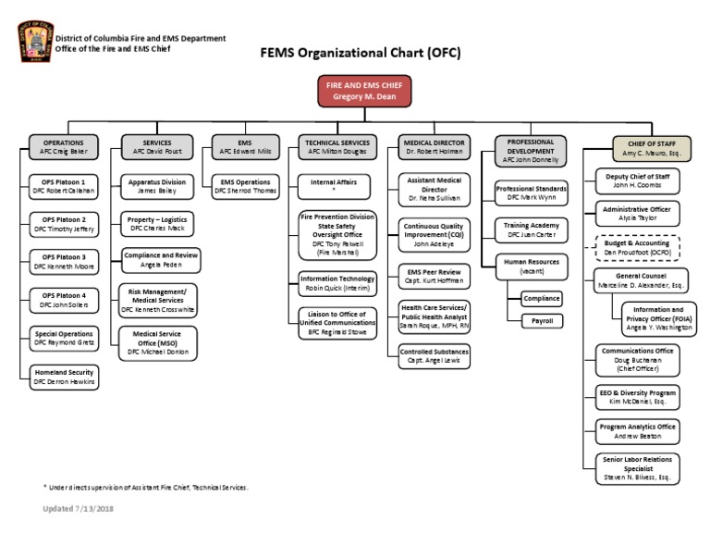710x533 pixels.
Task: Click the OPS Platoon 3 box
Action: click(x=64, y=261)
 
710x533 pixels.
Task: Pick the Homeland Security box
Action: click(x=64, y=376)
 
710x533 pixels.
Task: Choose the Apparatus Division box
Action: click(x=161, y=186)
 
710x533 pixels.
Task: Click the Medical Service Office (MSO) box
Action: click(x=161, y=342)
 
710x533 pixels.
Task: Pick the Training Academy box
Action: click(x=532, y=228)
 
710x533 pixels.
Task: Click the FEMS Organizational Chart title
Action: click(x=355, y=55)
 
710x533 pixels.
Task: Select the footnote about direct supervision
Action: click(x=145, y=487)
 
